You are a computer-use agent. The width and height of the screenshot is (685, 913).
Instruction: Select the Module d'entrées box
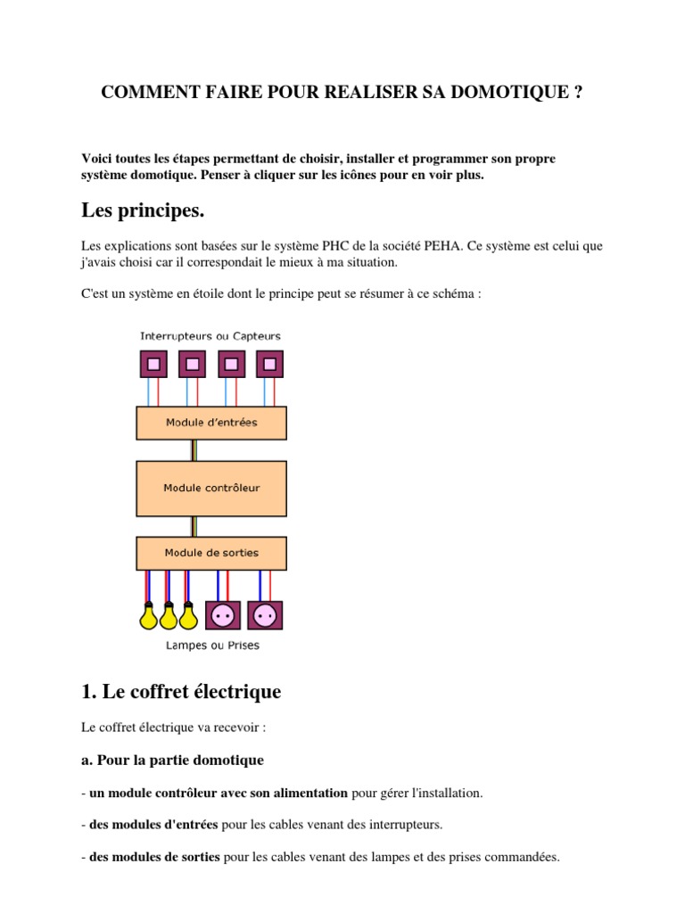[x=211, y=423]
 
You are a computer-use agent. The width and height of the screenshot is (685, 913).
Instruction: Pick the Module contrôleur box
[x=211, y=488]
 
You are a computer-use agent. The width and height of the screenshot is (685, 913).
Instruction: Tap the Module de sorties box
[x=211, y=553]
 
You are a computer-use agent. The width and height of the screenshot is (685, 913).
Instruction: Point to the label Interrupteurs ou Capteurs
[x=210, y=336]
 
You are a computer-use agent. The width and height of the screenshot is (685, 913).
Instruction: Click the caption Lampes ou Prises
[x=212, y=645]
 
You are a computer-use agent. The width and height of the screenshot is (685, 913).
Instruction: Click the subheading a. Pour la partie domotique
[x=172, y=761]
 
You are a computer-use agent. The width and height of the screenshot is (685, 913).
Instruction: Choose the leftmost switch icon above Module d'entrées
[x=153, y=364]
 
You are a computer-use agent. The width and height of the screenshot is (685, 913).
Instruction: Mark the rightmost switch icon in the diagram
[x=269, y=364]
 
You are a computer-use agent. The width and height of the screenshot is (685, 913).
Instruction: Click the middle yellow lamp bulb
[x=168, y=615]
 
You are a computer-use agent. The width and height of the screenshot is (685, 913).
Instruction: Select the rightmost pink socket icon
[x=265, y=615]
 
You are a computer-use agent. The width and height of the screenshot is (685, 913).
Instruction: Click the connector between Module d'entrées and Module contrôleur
[x=192, y=450]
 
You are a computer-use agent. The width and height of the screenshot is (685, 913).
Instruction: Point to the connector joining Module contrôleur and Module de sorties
[x=192, y=526]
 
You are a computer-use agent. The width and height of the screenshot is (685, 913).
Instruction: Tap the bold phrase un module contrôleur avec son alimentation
[x=219, y=793]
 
